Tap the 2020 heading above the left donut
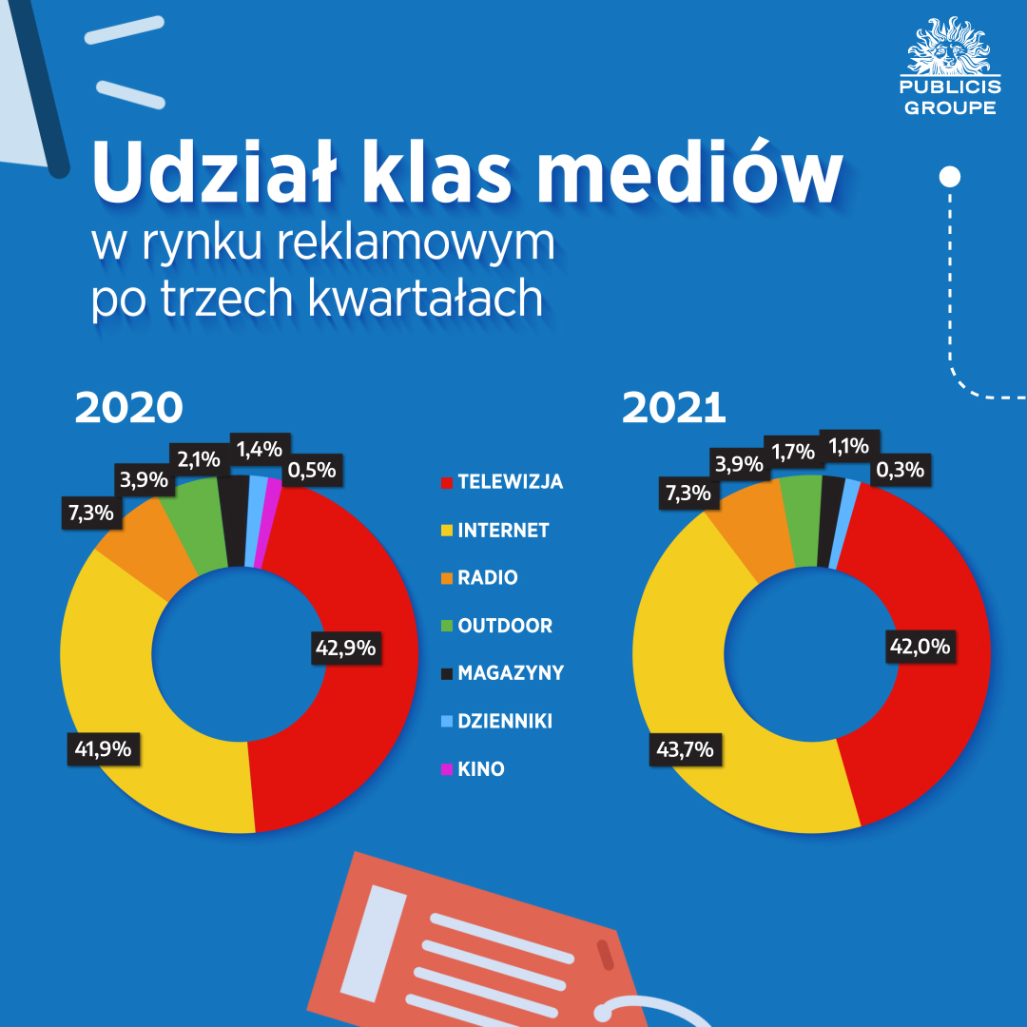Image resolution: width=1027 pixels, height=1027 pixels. pos(128,407)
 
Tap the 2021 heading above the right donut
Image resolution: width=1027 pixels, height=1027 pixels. pos(674,407)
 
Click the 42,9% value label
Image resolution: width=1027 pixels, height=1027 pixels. pos(344,648)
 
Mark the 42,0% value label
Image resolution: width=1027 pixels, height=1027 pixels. pos(919,647)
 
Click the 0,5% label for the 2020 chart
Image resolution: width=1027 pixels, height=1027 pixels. pos(313,470)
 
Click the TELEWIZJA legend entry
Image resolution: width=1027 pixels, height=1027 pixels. pos(510,482)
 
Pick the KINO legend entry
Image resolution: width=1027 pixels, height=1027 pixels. pos(480,769)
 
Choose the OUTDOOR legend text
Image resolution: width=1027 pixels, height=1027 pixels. pos(505,626)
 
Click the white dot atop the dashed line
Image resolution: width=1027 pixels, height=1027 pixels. pos(949,177)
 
